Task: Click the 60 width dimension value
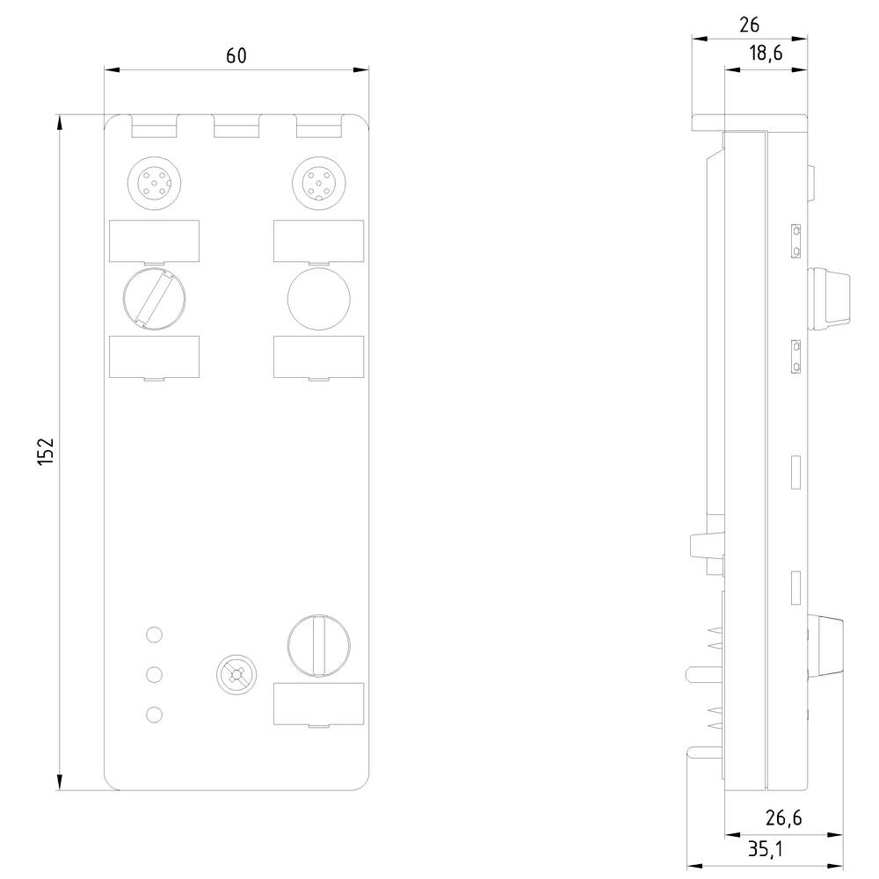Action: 236,55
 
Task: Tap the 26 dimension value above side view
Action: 749,25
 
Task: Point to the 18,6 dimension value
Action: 765,54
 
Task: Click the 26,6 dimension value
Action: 782,818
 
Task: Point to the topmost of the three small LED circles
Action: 154,634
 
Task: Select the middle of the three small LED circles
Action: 154,674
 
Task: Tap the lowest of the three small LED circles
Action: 154,715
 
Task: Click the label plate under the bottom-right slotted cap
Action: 318,704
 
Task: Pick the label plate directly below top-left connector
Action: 154,241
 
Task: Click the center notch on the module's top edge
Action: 236,129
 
